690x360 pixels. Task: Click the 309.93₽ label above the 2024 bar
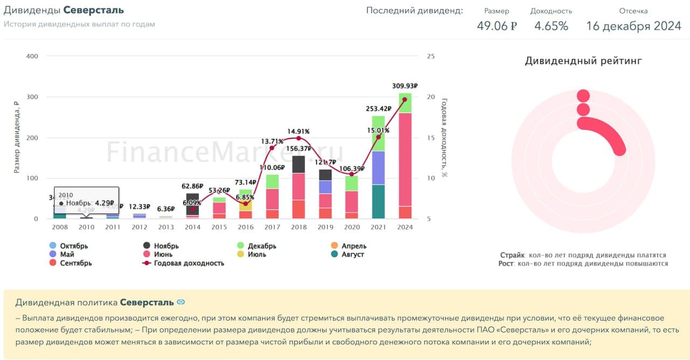tap(405, 86)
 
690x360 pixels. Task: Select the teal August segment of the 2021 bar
tap(378, 202)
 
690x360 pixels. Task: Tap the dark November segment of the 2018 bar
tap(299, 164)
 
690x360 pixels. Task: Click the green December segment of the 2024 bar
tap(405, 103)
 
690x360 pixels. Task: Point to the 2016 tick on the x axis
tap(246, 227)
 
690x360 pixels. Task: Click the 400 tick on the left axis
tap(32, 57)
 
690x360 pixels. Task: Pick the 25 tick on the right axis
tap(430, 57)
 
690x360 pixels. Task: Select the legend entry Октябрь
tap(74, 246)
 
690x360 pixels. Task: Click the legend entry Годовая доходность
tap(189, 263)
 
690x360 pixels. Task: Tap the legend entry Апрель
tap(353, 246)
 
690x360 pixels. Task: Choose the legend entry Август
tap(353, 254)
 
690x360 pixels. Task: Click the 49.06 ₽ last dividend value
tap(496, 26)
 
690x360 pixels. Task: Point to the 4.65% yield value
tap(551, 26)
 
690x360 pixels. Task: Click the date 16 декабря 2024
tap(633, 26)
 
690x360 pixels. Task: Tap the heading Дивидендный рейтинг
tap(583, 61)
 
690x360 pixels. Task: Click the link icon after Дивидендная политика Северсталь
tap(181, 302)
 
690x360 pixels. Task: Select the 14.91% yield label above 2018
tap(298, 131)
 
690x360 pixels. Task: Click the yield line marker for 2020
tap(351, 174)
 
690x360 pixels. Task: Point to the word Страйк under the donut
tap(512, 255)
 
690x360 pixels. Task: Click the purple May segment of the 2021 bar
tap(378, 168)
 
